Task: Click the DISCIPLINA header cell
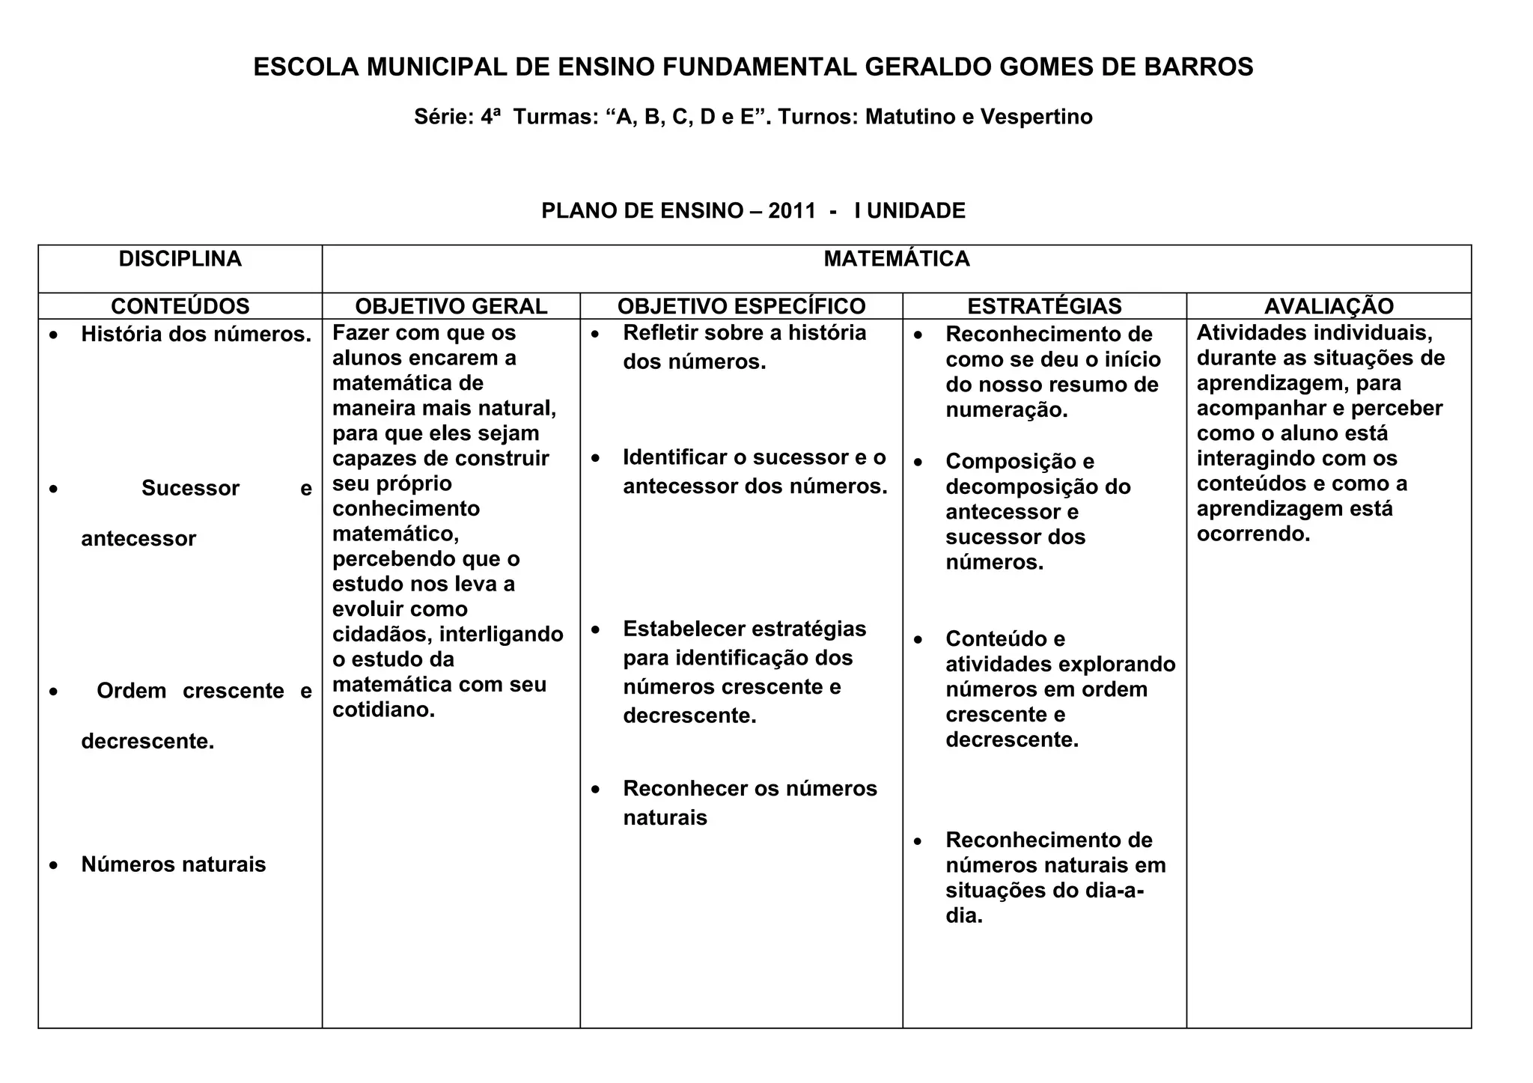pyautogui.click(x=180, y=259)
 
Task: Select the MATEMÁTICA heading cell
pyautogui.click(x=896, y=259)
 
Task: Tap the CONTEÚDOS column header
pyautogui.click(x=180, y=306)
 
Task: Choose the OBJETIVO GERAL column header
pyautogui.click(x=451, y=306)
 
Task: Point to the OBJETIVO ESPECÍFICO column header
pyautogui.click(x=741, y=306)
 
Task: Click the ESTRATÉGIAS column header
pyautogui.click(x=1044, y=306)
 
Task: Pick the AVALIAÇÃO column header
pyautogui.click(x=1329, y=306)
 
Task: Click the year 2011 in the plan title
pyautogui.click(x=792, y=211)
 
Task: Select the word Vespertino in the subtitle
pyautogui.click(x=1036, y=117)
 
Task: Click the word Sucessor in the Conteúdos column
pyautogui.click(x=190, y=489)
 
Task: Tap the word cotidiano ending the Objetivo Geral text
pyautogui.click(x=382, y=710)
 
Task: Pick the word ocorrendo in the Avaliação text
pyautogui.click(x=1252, y=534)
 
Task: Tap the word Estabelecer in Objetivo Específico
pyautogui.click(x=681, y=629)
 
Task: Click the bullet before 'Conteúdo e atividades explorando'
pyautogui.click(x=918, y=640)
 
